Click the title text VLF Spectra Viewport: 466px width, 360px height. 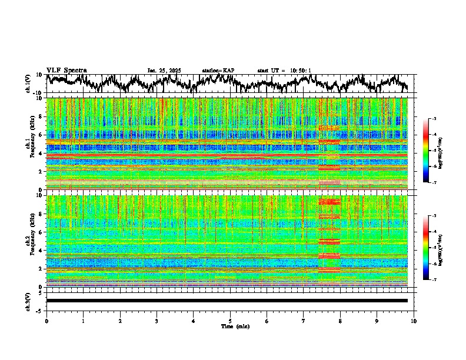(66, 71)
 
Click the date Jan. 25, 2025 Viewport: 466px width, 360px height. (164, 71)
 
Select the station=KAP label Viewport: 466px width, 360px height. (218, 71)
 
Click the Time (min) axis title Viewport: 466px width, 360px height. (230, 326)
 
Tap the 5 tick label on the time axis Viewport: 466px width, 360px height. (230, 321)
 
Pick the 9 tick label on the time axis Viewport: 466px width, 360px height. (377, 321)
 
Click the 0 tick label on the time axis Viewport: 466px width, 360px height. (46, 321)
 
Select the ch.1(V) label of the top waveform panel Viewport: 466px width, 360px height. (28, 84)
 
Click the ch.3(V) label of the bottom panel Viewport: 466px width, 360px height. (28, 301)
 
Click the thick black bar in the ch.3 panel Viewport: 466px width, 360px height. (227, 301)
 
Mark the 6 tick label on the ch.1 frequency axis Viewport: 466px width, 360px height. (40, 135)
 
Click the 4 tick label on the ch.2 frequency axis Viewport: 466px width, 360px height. (40, 250)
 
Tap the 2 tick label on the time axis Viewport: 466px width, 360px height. (120, 321)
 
